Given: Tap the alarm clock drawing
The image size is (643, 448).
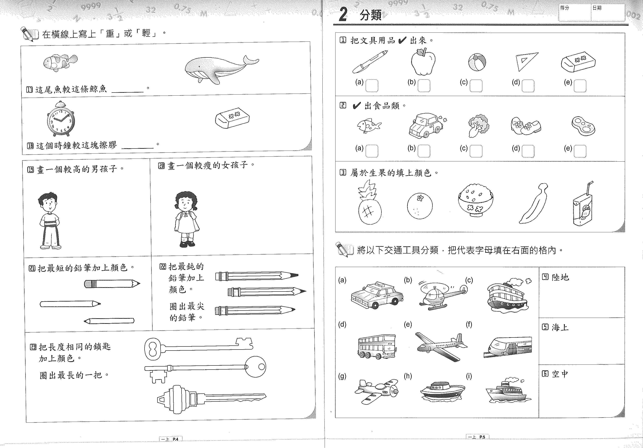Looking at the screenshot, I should [x=61, y=119].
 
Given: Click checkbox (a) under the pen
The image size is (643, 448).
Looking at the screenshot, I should [x=372, y=86].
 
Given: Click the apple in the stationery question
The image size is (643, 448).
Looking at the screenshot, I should [x=423, y=62].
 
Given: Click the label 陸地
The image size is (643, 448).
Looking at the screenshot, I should [x=560, y=277].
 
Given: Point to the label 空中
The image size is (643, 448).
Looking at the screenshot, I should [x=560, y=374].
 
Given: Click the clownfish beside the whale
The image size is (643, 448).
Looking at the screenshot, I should [x=60, y=62].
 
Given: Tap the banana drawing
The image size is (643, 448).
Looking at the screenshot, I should [x=533, y=204].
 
